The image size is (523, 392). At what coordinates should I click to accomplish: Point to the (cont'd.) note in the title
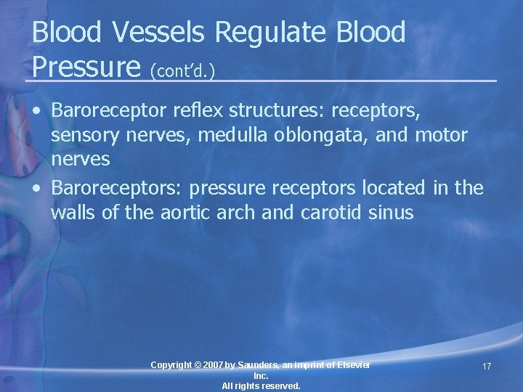[185, 70]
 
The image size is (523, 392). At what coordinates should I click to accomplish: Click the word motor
[441, 135]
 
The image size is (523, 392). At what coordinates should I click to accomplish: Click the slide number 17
[487, 367]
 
